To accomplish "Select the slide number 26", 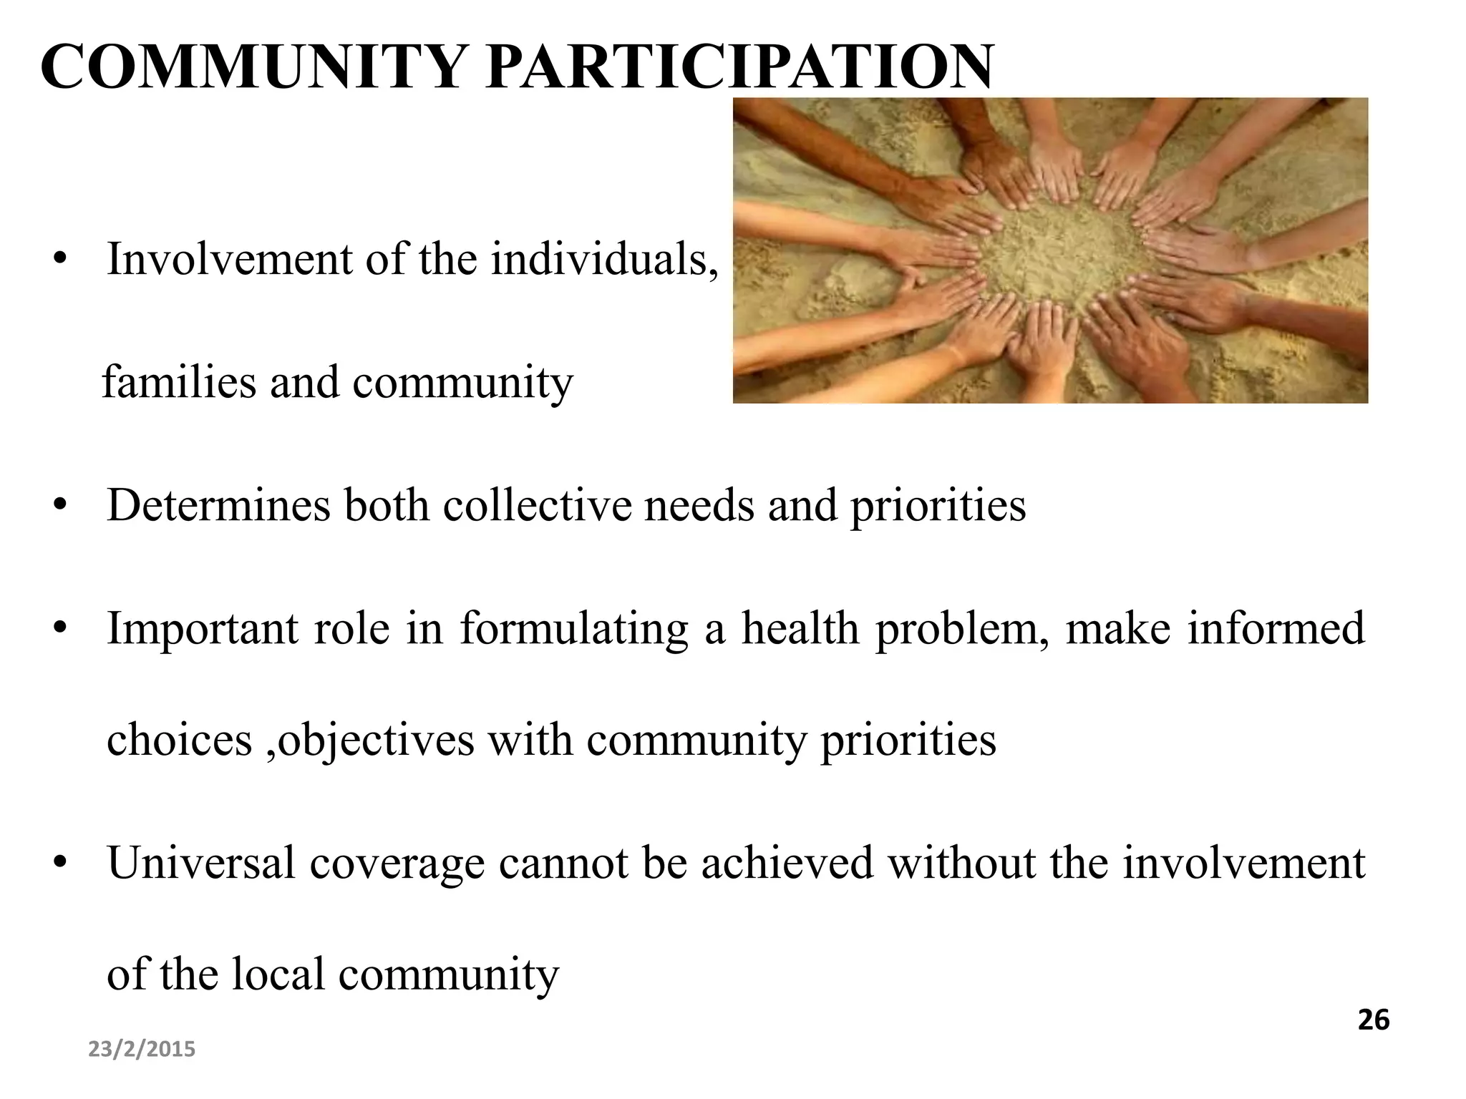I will pyautogui.click(x=1373, y=1020).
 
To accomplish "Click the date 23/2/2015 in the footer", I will pyautogui.click(x=142, y=1050).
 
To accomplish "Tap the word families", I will pyautogui.click(x=179, y=382).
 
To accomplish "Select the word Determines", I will pyautogui.click(x=218, y=505).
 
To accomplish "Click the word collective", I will pyautogui.click(x=537, y=505).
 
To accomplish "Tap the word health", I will pyautogui.click(x=800, y=628).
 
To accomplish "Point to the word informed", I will pyautogui.click(x=1276, y=628).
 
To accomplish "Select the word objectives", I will pyautogui.click(x=375, y=741).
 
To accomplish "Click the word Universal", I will pyautogui.click(x=201, y=863).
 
